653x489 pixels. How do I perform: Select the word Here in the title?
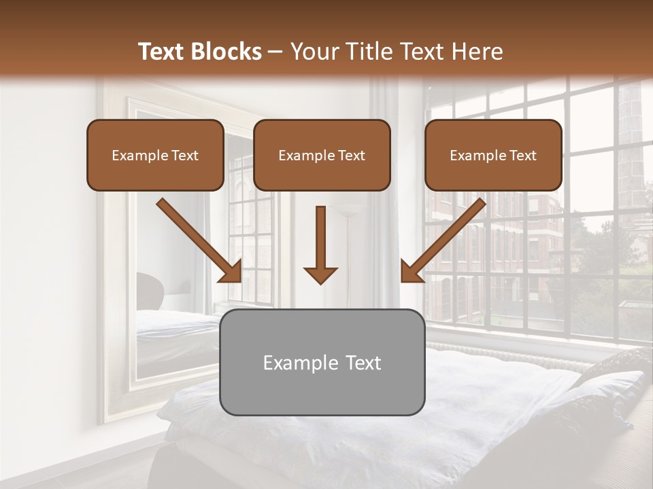[x=478, y=52]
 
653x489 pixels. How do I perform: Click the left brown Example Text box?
[x=155, y=155]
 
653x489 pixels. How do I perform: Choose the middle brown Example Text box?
[x=322, y=155]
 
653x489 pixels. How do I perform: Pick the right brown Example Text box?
[x=493, y=155]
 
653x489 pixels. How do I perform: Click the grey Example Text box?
[x=322, y=362]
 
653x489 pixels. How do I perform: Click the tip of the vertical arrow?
[x=320, y=281]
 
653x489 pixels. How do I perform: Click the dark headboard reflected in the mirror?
[x=151, y=289]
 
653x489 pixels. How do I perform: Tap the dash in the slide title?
[x=275, y=52]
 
